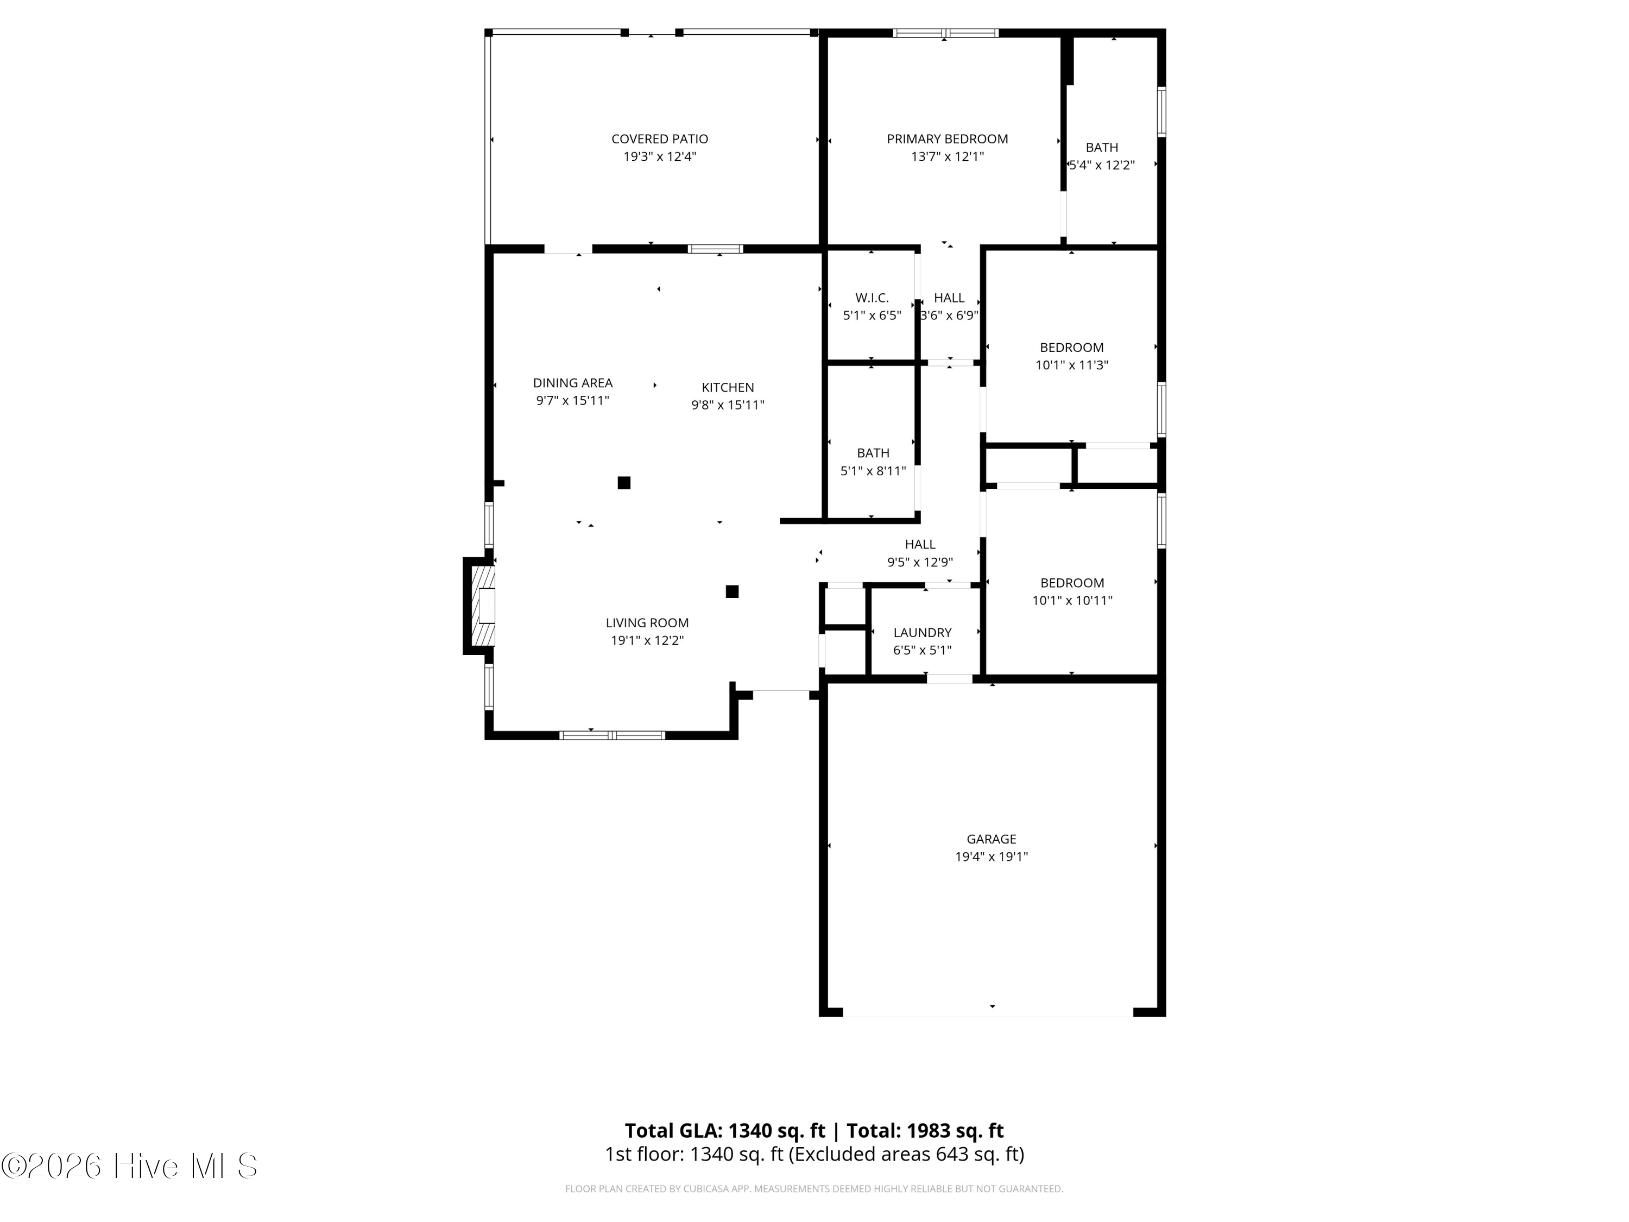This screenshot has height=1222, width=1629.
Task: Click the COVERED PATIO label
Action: click(659, 138)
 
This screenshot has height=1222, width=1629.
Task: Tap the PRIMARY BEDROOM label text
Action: click(947, 138)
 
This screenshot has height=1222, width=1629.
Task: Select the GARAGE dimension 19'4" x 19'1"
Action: click(991, 856)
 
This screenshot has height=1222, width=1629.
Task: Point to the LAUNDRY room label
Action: click(922, 632)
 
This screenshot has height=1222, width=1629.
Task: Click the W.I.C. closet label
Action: click(872, 298)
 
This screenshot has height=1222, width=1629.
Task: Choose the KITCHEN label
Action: click(728, 387)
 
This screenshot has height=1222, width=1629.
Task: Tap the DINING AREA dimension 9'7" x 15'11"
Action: click(572, 400)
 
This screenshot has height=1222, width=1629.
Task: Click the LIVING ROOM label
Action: click(647, 622)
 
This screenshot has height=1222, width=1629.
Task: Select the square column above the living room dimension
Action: click(732, 591)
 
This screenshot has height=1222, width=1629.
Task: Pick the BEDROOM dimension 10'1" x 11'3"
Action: click(1071, 364)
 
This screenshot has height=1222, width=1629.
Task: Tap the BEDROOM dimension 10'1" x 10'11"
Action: click(1071, 600)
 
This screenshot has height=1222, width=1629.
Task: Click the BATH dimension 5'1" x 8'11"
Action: click(873, 471)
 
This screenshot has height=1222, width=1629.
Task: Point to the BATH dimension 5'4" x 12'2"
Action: click(1102, 165)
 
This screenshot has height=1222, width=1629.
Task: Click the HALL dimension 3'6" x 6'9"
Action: click(949, 315)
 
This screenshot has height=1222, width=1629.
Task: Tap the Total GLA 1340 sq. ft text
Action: click(725, 1130)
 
